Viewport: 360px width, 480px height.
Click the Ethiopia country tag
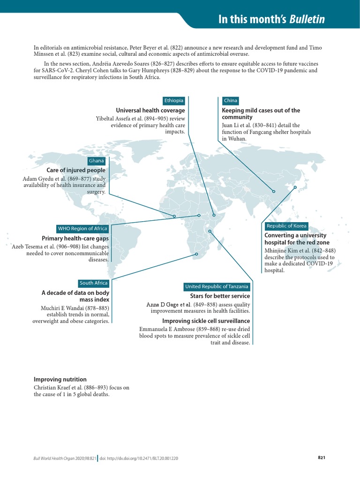[174, 101]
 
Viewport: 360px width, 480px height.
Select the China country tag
[231, 101]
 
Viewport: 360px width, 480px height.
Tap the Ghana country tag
[97, 161]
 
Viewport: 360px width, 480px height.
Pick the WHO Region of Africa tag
[82, 229]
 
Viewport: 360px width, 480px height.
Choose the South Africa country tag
[94, 283]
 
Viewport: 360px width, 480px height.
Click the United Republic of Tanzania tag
[217, 286]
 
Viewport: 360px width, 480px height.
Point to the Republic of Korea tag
[286, 226]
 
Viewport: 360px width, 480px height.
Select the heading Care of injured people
[76, 170]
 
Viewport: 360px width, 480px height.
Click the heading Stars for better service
[220, 296]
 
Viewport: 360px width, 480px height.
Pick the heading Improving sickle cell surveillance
[206, 321]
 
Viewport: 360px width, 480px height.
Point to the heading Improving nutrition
[60, 379]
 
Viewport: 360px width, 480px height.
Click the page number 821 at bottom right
[322, 457]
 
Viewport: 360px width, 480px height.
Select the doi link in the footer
[139, 458]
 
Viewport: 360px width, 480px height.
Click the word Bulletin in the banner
[307, 20]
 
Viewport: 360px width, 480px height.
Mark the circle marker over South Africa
[197, 255]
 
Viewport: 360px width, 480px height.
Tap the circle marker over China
[273, 191]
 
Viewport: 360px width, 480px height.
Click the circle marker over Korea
[295, 187]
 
